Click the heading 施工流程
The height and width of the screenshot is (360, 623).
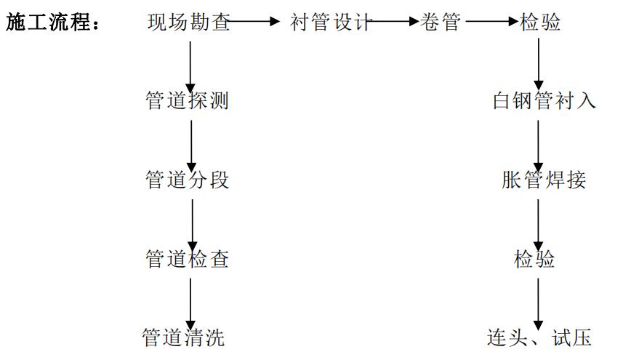point(52,23)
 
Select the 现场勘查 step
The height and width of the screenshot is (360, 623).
point(188,23)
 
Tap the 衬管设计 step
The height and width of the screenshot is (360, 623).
point(330,23)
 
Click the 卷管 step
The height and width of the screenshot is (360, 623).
point(441,23)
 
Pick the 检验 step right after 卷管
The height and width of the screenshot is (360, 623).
point(540,23)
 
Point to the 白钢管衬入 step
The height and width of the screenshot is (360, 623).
point(544,100)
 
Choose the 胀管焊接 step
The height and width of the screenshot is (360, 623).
point(544,180)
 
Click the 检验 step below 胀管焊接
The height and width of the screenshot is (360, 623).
point(535,258)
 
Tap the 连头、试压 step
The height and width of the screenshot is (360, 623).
point(539,337)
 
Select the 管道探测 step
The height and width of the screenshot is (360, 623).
point(188,100)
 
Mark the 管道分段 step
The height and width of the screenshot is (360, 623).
point(188,180)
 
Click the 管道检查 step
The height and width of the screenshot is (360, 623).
point(188,258)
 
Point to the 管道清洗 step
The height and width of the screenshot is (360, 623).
point(183,337)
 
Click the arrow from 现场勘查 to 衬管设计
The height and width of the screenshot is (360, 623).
point(255,23)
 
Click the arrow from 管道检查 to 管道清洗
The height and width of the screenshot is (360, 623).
point(190,301)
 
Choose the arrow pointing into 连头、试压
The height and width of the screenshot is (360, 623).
point(539,301)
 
